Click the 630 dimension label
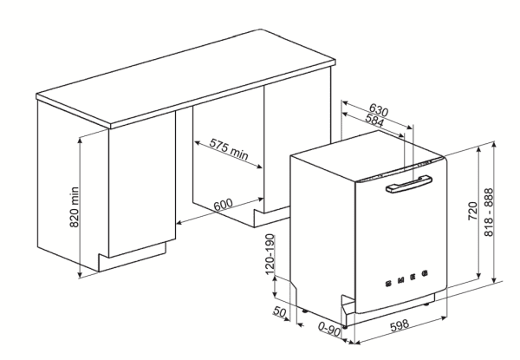[x=379, y=109]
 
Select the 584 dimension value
[x=374, y=120]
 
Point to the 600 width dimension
[x=223, y=205]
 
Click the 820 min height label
[x=75, y=207]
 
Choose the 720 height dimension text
[x=472, y=211]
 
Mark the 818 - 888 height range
[x=489, y=213]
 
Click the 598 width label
[x=400, y=324]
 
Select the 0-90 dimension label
[x=329, y=329]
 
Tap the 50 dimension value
[x=279, y=312]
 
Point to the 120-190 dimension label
[x=270, y=254]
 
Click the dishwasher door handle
[x=408, y=184]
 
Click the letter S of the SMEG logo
[x=388, y=284]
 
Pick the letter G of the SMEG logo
[x=425, y=274]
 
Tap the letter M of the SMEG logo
[x=400, y=280]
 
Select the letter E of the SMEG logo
[x=413, y=277]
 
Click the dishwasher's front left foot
[x=345, y=327]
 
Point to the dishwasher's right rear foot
[x=426, y=304]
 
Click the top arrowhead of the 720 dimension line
[x=478, y=150]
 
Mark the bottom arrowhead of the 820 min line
[x=80, y=274]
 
